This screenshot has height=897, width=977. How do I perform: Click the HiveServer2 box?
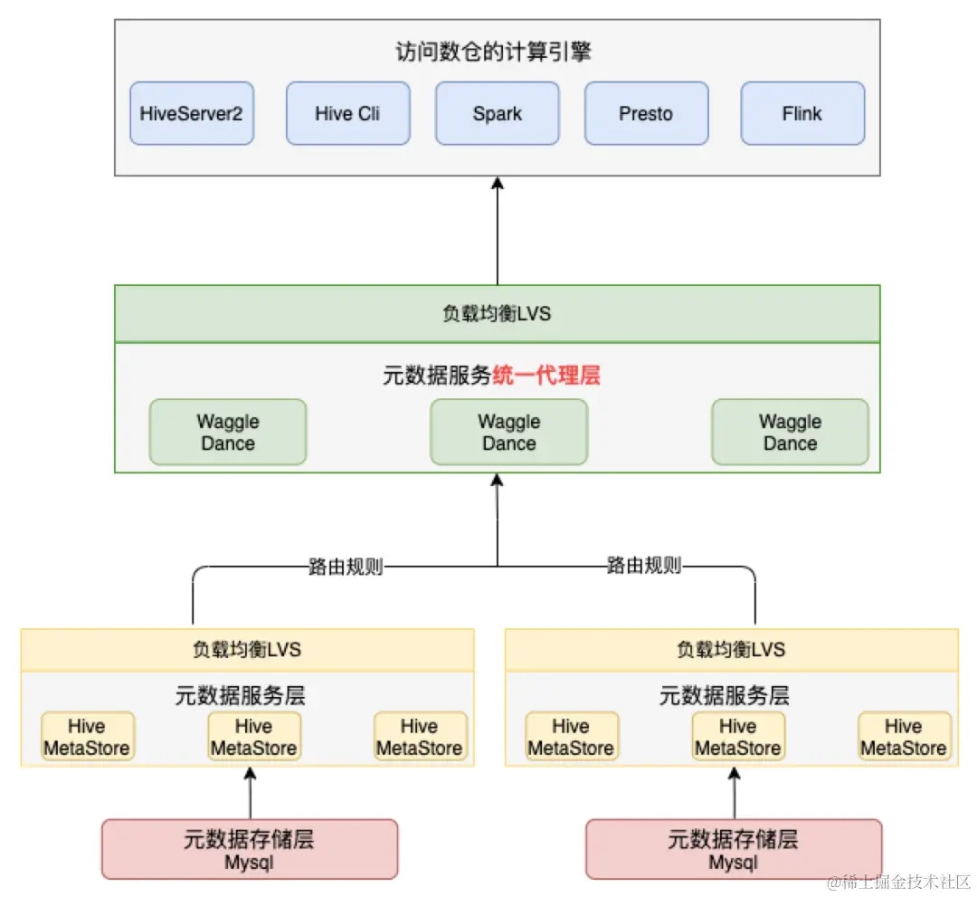click(192, 114)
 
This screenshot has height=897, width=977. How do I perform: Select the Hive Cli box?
click(347, 114)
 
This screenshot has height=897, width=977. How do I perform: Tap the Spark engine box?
click(497, 114)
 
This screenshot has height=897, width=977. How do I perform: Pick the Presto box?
click(646, 114)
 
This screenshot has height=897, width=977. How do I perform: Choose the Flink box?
click(802, 114)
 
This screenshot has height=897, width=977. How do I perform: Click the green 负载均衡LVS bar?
click(497, 314)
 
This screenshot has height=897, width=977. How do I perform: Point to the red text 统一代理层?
click(546, 376)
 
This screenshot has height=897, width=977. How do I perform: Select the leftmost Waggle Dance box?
click(228, 433)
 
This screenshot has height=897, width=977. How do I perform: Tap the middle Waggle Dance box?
click(508, 433)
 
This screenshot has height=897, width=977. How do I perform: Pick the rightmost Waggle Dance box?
click(790, 433)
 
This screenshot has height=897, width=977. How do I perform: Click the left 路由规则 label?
click(346, 568)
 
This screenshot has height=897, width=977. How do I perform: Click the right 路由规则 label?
click(643, 568)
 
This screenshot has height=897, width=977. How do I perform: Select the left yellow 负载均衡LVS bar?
click(247, 650)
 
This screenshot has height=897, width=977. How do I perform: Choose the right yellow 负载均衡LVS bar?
click(731, 650)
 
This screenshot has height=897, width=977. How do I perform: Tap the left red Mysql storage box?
click(249, 849)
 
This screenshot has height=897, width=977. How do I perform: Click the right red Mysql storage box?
click(734, 849)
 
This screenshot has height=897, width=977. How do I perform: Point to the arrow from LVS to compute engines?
click(497, 231)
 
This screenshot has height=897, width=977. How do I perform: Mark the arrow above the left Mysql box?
click(251, 792)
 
